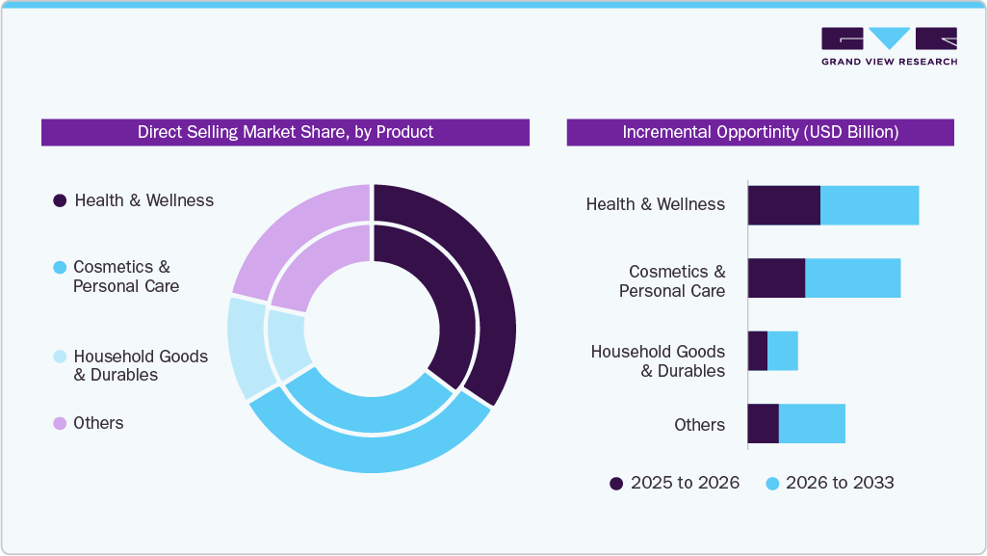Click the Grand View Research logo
coord(889,45)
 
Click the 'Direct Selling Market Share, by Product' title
coord(285,132)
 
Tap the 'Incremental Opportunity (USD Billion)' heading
coord(760,132)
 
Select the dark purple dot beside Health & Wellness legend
coord(60,200)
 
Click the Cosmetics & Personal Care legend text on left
coord(125,277)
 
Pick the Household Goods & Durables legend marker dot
coord(60,357)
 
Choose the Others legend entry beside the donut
coord(98,423)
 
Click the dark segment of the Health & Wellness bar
coord(783,205)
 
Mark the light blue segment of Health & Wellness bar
coord(870,205)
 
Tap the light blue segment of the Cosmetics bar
coord(852,278)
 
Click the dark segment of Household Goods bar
coord(758,351)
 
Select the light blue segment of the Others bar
coord(812,424)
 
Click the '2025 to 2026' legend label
coord(685,483)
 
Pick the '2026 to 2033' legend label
coord(840,483)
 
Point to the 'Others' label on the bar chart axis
coord(699,425)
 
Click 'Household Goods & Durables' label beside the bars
coord(658,360)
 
